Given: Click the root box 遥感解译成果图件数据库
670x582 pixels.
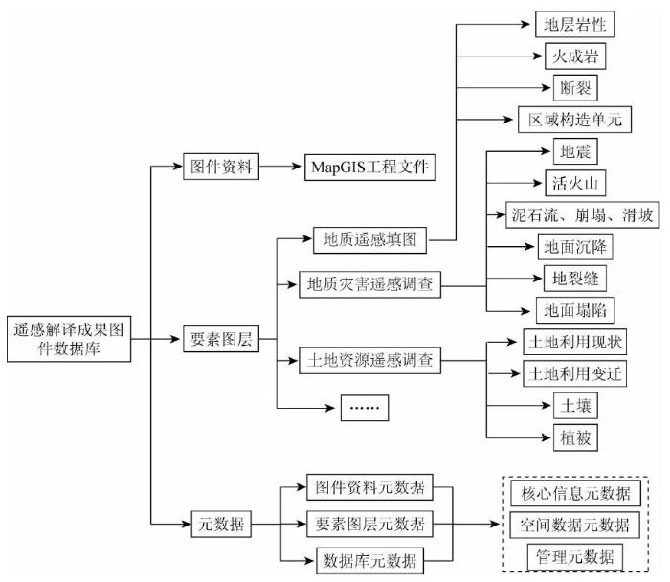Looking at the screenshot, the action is pos(69,339).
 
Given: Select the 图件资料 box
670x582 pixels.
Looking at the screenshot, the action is pos(221,167).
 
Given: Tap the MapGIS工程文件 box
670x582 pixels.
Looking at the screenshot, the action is pos(369,168).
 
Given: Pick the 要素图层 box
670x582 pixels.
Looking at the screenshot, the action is pos(221,339).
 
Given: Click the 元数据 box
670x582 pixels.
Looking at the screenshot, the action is pos(221,524).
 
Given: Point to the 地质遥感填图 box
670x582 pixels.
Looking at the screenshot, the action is pos(369,240).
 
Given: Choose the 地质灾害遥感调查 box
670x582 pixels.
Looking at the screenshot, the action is pos(369,284).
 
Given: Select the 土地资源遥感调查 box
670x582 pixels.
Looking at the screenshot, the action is pos(369,361).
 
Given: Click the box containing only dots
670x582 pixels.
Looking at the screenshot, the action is pos(365,408).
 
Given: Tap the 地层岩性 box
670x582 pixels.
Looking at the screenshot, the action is pos(574,24).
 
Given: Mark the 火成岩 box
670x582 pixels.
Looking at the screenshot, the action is pos(575,56).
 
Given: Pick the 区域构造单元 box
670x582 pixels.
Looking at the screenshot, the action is pos(574,120).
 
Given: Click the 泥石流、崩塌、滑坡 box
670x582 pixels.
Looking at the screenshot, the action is pos(582,215).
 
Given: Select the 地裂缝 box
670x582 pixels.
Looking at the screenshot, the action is pos(574,279).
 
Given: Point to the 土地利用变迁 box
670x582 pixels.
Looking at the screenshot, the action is pos(574,374).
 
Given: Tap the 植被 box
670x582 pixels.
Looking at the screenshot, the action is pos(575,437).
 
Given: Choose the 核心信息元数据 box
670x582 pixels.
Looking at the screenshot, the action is pos(575,494).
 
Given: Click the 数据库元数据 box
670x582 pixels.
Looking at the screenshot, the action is pos(369,561).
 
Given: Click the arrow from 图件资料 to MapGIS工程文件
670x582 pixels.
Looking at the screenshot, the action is pos(280,167).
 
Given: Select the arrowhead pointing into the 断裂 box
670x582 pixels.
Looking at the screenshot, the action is pos(547,88).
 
